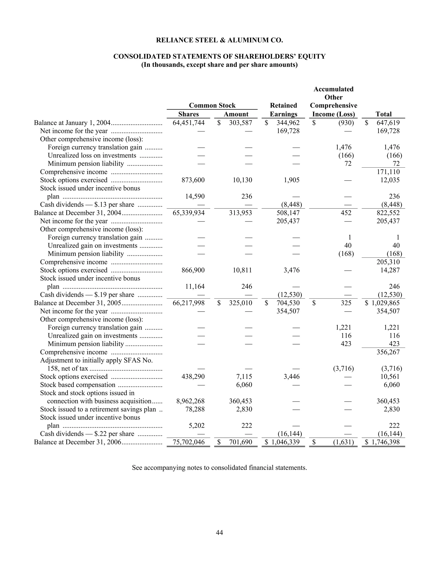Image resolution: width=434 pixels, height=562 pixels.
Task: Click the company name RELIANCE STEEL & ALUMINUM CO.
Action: coord(219,40)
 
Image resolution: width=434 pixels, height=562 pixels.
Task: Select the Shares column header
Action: coord(188,114)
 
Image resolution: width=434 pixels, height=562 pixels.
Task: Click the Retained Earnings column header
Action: coord(283,110)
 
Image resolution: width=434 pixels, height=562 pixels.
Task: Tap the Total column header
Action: coord(383,114)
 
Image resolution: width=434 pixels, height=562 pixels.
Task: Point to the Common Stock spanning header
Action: coord(212,105)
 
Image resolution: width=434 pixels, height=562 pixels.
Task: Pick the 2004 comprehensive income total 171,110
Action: coord(388,172)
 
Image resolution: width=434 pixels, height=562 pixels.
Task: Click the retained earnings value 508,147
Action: coord(288,213)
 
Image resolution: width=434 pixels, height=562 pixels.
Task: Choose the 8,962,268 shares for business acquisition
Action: coord(190,401)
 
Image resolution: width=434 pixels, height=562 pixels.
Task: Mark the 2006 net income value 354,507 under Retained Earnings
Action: coord(288,311)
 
